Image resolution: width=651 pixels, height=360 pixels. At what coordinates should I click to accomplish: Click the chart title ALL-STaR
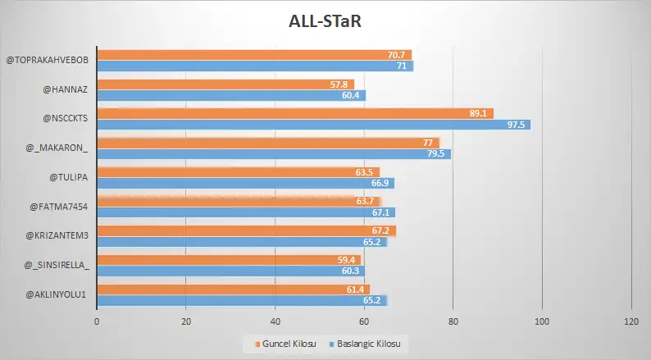click(325, 20)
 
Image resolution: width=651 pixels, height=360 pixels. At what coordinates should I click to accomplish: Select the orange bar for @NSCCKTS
click(295, 113)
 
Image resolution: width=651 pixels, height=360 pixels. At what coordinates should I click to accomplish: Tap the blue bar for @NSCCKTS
click(314, 125)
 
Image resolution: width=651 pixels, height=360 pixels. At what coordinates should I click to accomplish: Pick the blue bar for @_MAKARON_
click(274, 153)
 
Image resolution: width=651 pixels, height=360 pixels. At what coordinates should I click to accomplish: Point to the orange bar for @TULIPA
click(239, 172)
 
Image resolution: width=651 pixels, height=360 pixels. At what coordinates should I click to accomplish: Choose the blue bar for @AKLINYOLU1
click(242, 300)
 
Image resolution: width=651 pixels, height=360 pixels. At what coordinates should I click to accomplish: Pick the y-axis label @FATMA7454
click(59, 206)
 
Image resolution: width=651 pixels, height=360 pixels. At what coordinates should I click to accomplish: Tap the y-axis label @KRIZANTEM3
click(57, 235)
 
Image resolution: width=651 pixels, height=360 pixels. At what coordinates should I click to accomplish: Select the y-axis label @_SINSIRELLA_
click(57, 265)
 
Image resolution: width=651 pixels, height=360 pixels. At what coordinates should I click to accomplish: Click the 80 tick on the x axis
click(453, 322)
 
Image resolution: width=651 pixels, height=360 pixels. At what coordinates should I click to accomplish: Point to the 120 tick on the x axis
click(631, 322)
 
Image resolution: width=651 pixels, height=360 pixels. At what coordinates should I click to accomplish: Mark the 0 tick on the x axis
click(97, 322)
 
